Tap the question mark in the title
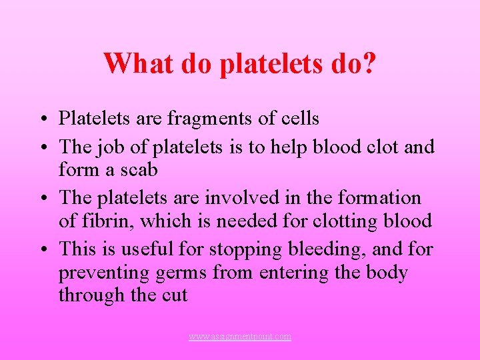pos(368,63)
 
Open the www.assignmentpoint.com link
pos(240,337)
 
